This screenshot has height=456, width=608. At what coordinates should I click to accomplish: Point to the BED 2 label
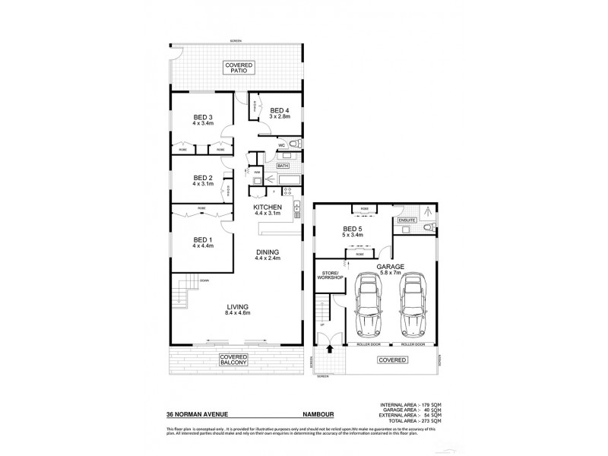(x=203, y=180)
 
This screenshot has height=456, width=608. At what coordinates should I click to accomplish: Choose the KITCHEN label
(x=268, y=210)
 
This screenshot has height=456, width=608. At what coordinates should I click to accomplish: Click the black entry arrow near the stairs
(x=329, y=350)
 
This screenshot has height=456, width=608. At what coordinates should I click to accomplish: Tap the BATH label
(x=283, y=165)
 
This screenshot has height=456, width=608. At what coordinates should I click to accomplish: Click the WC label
(x=280, y=144)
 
